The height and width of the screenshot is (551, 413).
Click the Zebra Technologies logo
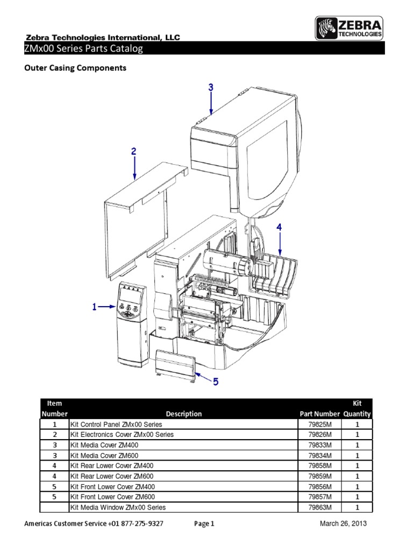[349, 27]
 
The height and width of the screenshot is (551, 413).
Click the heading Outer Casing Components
[76, 68]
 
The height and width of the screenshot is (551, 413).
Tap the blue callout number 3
[211, 87]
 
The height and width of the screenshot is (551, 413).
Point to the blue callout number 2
[134, 152]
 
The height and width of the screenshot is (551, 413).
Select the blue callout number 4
[279, 228]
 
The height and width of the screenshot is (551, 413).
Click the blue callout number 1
[94, 307]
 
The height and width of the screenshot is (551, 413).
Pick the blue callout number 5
[215, 382]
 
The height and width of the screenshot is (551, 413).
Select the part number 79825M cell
[319, 425]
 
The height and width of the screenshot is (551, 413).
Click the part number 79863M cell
[319, 507]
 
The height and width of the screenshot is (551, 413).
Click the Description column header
[184, 414]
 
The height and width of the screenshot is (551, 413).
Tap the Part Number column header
[319, 414]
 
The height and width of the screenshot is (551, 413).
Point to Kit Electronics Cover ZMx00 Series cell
[122, 435]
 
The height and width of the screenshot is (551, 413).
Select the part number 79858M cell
[319, 466]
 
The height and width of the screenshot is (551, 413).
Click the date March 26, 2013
[343, 524]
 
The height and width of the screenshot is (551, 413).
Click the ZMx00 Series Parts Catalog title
[83, 49]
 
